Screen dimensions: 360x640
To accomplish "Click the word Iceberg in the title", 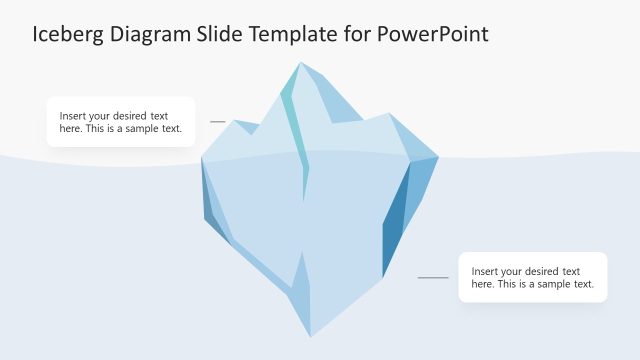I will tap(67, 35).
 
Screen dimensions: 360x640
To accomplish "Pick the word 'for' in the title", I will tap(362, 35).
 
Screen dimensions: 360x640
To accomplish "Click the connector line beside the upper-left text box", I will tap(218, 122).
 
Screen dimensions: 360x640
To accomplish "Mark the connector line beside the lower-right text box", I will tap(433, 277).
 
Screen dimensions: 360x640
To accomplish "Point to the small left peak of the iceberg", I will tap(236, 123).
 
